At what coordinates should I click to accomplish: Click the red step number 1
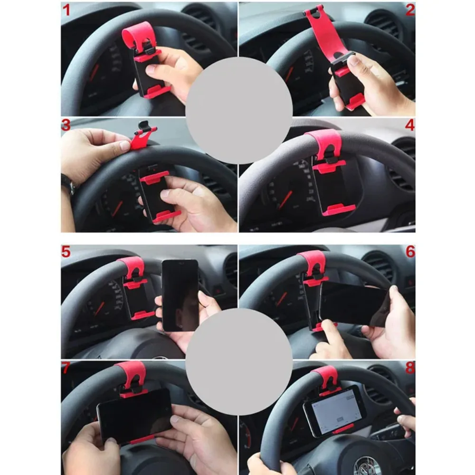[66, 9]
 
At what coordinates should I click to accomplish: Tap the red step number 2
[410, 10]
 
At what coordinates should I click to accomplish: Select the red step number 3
[66, 125]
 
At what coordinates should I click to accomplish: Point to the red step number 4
[410, 125]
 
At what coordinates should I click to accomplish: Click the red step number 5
[66, 251]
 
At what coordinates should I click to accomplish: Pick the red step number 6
[410, 251]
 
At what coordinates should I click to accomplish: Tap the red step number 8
[410, 368]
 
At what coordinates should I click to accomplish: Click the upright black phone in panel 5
[180, 295]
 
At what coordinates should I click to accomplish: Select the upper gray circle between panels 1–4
[239, 110]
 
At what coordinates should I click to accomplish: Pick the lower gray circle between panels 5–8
[239, 361]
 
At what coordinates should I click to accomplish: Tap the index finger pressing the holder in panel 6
[331, 333]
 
